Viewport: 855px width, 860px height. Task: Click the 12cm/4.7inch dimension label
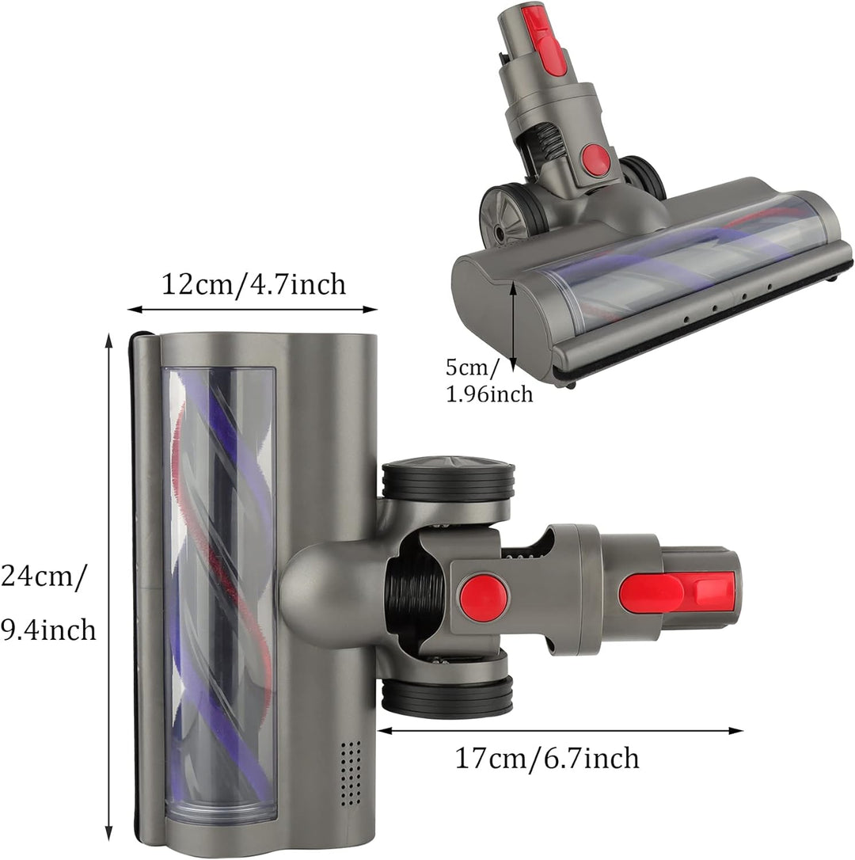coord(253,284)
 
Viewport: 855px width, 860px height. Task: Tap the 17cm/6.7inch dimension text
coord(546,759)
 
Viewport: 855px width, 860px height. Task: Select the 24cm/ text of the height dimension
coord(44,576)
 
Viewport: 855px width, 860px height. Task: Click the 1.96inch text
coord(488,394)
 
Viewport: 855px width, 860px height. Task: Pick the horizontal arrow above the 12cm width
coord(253,310)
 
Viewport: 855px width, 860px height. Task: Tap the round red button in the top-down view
coord(484,598)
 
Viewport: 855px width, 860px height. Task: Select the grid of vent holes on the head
coord(349,763)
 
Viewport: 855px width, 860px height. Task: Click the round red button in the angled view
coord(596,161)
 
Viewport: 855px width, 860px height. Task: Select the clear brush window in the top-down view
coord(220,594)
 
